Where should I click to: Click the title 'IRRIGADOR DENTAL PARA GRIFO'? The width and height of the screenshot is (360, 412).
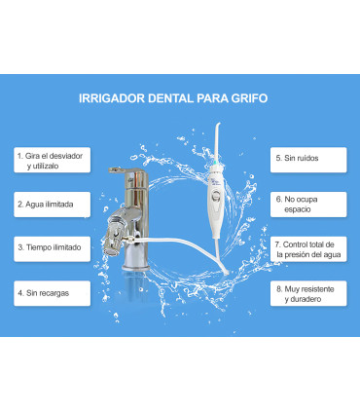pyautogui.click(x=179, y=98)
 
